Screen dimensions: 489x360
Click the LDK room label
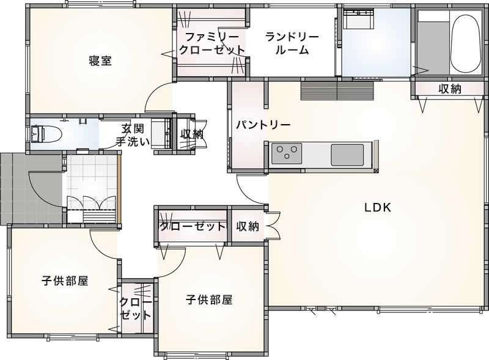pos(378,207)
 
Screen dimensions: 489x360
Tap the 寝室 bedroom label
pos(100,61)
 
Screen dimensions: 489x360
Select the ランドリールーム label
pos(292,43)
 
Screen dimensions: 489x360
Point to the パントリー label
pos(263,125)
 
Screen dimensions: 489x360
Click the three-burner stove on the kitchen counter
pos(287,153)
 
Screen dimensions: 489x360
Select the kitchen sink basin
pos(347,155)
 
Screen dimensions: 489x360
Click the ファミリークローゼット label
pos(211,43)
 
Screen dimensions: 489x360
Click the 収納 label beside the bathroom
pos(450,89)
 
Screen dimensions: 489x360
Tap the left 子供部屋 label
pos(65,281)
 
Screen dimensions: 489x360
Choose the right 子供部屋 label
pos(209,299)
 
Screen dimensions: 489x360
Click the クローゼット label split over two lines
pos(136,308)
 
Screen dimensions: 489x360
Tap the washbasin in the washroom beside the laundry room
pos(358,19)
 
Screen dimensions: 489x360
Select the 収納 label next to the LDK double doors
pos(248,226)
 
